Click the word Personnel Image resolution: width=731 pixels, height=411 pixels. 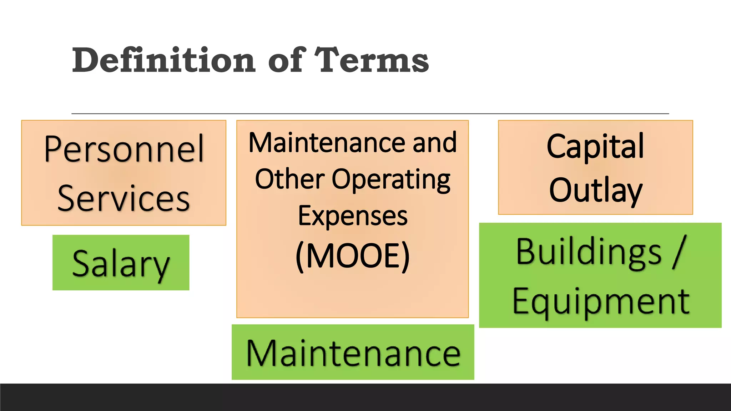click(x=124, y=149)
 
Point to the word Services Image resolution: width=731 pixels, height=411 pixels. click(x=123, y=198)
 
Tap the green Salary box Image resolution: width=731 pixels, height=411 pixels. click(x=121, y=263)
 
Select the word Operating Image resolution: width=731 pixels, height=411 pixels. click(x=391, y=180)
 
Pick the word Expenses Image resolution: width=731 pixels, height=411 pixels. click(x=353, y=216)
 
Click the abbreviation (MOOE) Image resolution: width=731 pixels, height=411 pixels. click(x=353, y=256)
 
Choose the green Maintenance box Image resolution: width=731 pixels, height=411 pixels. click(x=353, y=352)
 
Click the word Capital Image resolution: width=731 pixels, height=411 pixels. click(x=595, y=146)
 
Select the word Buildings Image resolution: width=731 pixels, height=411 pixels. click(x=589, y=252)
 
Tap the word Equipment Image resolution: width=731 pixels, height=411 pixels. click(x=601, y=302)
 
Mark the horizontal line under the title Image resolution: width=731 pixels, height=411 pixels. click(x=370, y=114)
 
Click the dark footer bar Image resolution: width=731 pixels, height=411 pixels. click(x=365, y=397)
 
